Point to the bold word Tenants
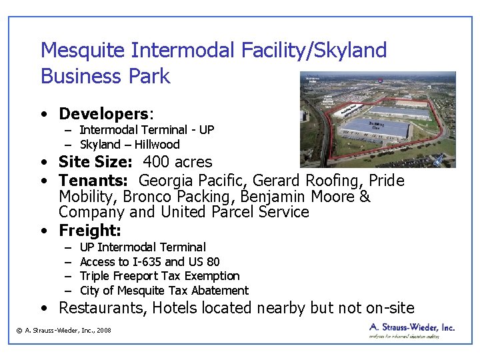click(95, 181)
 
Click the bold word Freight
click(89, 231)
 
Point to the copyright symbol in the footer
click(19, 331)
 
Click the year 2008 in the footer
click(103, 331)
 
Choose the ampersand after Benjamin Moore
click(364, 197)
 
